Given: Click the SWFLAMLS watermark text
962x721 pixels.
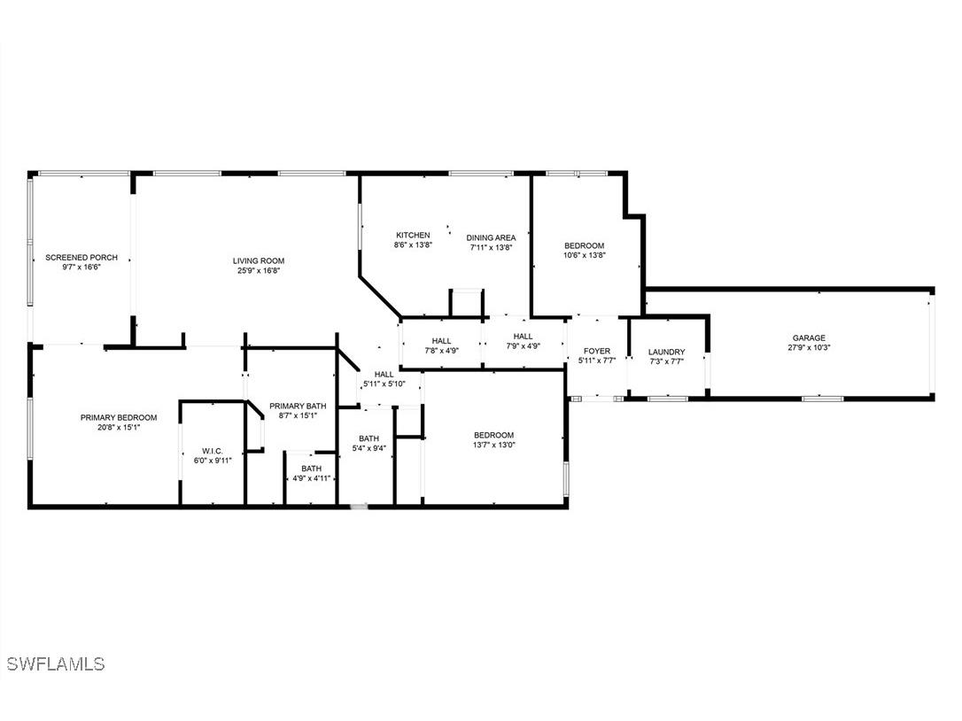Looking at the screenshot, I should (x=55, y=663).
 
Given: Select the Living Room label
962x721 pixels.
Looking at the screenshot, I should (x=259, y=260).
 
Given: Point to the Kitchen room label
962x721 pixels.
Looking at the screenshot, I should (x=413, y=236).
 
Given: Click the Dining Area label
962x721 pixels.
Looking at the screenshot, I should (x=491, y=237).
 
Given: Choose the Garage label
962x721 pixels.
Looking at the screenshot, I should (x=809, y=337).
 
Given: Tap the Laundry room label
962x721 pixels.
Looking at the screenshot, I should (x=666, y=352).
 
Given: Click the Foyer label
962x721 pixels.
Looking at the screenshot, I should (x=596, y=351).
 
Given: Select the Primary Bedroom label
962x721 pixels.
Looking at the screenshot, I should (x=119, y=417).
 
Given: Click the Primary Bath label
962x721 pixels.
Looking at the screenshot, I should (x=298, y=406).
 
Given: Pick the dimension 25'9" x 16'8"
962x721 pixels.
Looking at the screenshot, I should (x=259, y=271).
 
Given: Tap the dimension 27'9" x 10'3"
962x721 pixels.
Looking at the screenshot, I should (x=809, y=348).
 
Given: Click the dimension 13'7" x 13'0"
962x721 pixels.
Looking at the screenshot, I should (x=493, y=445).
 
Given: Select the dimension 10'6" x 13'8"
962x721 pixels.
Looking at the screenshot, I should (x=585, y=256).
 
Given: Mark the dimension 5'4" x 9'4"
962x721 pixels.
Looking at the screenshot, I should (x=369, y=448).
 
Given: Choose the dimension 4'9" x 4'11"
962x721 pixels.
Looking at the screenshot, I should (x=311, y=478).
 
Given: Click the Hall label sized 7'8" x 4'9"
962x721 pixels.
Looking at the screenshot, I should (x=441, y=341).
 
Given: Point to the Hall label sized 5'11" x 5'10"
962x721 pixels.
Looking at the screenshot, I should (x=384, y=375).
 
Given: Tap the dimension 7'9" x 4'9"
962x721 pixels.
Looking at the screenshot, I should (x=523, y=346).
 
